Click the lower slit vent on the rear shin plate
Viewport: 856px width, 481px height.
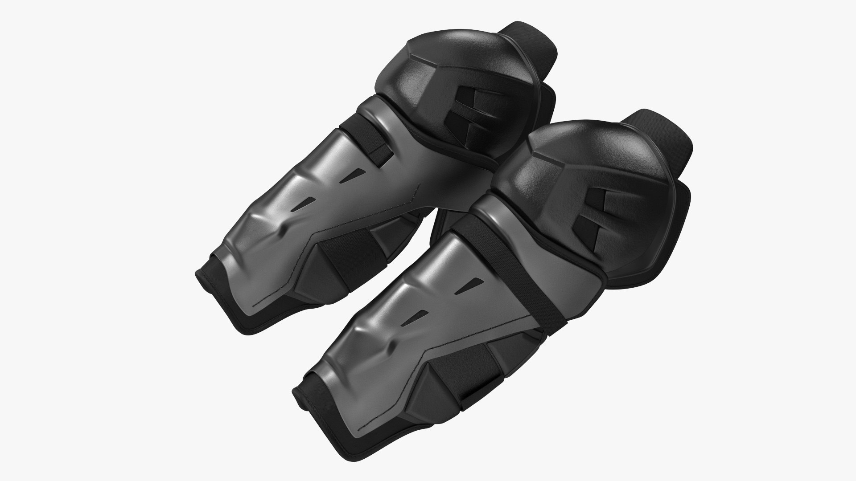[305, 203]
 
